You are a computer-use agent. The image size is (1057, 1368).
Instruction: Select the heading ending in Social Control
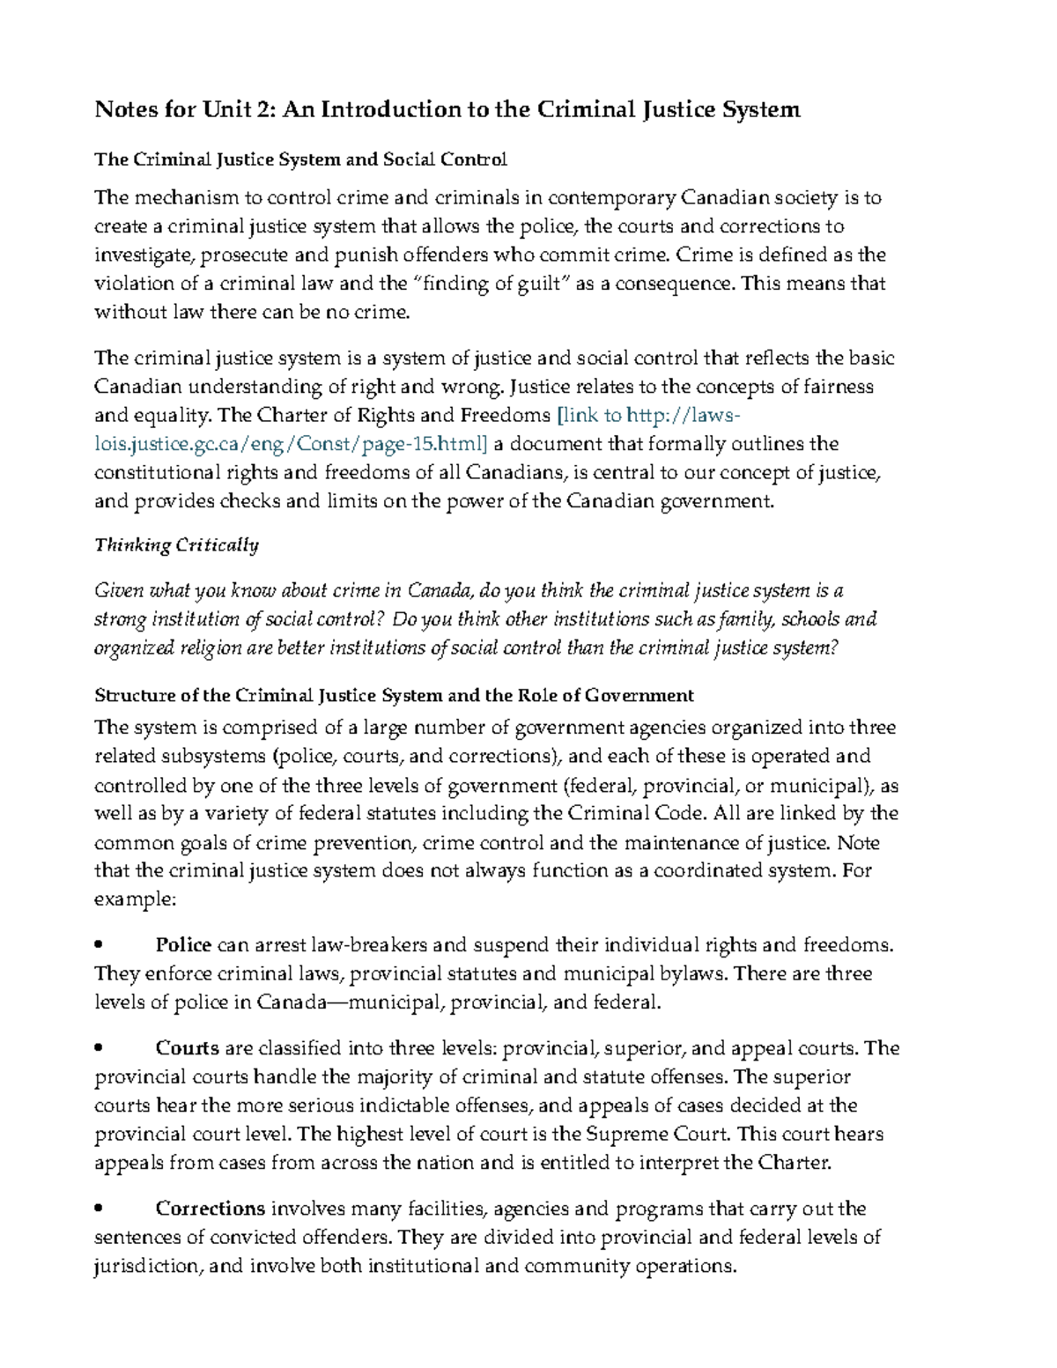click(300, 159)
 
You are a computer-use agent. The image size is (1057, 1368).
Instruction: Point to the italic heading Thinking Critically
click(176, 545)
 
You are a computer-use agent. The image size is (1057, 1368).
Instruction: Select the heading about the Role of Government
click(394, 695)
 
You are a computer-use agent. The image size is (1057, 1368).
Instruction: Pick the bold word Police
click(183, 945)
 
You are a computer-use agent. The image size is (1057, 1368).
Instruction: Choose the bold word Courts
click(187, 1048)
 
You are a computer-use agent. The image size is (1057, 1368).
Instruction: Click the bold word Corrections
click(211, 1209)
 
